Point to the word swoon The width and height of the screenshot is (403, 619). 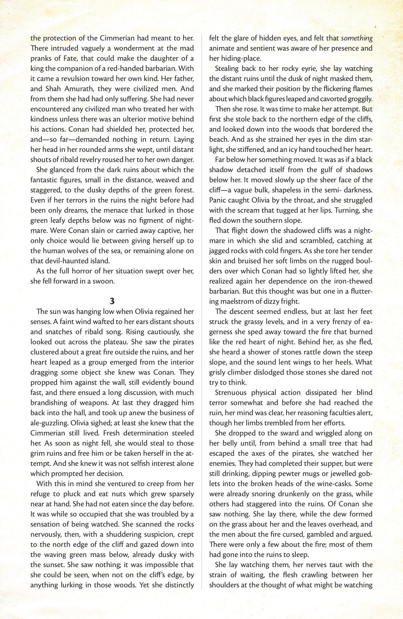coord(104,281)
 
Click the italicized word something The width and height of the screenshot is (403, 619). coord(357,38)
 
